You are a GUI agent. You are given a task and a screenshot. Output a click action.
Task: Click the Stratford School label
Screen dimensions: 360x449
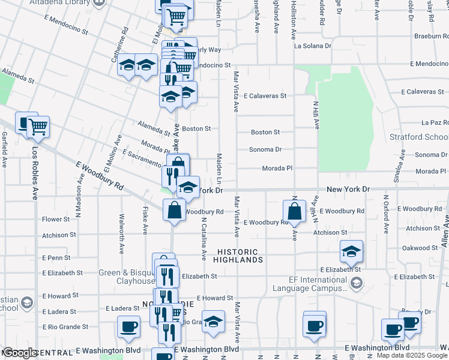pyautogui.click(x=419, y=137)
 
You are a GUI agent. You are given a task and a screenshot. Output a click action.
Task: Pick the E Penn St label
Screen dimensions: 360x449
pyautogui.click(x=56, y=258)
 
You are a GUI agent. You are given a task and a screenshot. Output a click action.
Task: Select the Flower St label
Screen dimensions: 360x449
pyautogui.click(x=56, y=220)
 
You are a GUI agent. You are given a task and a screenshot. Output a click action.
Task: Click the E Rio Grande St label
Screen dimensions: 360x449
pyautogui.click(x=65, y=327)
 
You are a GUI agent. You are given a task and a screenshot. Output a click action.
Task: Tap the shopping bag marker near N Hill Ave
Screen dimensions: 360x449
pyautogui.click(x=294, y=211)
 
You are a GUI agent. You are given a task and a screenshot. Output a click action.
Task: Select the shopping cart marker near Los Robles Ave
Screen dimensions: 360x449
pyautogui.click(x=38, y=127)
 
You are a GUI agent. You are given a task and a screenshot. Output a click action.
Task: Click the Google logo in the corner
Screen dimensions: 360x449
pyautogui.click(x=20, y=353)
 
